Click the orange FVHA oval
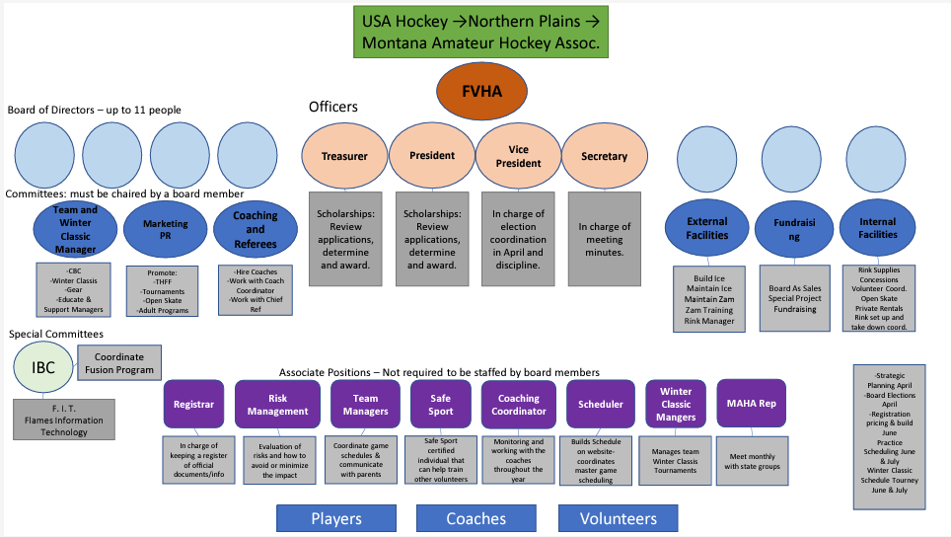tap(483, 90)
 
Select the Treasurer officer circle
tap(344, 156)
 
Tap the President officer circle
tap(432, 155)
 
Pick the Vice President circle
tap(518, 156)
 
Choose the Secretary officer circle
tap(605, 156)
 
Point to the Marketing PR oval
tap(165, 230)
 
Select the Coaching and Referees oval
tap(256, 230)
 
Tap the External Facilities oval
tap(707, 229)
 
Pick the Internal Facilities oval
tap(878, 229)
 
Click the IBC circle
tap(42, 368)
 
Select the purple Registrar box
tap(193, 404)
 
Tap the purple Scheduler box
tap(601, 404)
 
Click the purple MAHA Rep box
tap(752, 403)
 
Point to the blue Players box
tap(336, 518)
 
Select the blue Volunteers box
tap(618, 518)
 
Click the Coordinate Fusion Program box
tap(117, 363)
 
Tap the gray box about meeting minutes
tap(605, 240)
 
